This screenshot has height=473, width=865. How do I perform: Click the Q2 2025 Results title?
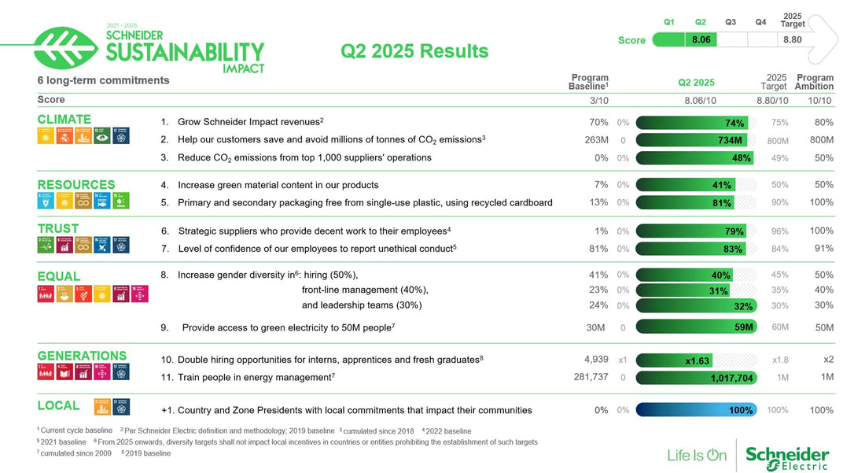click(x=414, y=51)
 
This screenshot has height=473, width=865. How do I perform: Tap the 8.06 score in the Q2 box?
click(x=701, y=39)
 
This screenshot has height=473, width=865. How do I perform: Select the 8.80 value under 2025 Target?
click(x=792, y=39)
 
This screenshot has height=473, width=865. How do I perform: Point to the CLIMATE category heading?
click(x=64, y=120)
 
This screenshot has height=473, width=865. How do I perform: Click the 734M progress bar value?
click(x=730, y=140)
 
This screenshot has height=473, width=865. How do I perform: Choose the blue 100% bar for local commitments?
click(x=696, y=410)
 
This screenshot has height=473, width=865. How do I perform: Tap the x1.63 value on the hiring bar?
click(x=697, y=360)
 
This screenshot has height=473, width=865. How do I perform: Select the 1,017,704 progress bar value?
click(x=731, y=378)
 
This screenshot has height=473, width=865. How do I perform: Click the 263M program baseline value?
click(x=597, y=140)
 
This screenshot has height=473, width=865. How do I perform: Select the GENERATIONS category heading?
click(x=82, y=356)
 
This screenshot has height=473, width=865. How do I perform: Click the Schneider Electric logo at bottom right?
click(x=786, y=456)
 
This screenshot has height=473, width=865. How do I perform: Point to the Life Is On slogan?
click(x=696, y=455)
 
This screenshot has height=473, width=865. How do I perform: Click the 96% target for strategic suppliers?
click(x=779, y=231)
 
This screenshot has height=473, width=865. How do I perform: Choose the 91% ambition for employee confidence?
click(x=823, y=249)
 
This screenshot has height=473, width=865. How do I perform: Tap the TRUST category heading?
click(x=58, y=229)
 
